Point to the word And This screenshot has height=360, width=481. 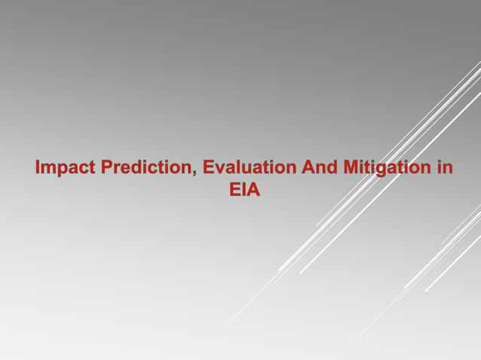point(319,167)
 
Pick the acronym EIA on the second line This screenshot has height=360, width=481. point(245,190)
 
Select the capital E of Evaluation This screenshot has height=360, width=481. point(210,167)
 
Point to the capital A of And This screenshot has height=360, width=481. point(308,167)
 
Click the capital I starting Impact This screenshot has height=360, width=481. point(38,167)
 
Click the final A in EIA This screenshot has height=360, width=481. point(254,190)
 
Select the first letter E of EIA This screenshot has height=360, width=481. point(234,190)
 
